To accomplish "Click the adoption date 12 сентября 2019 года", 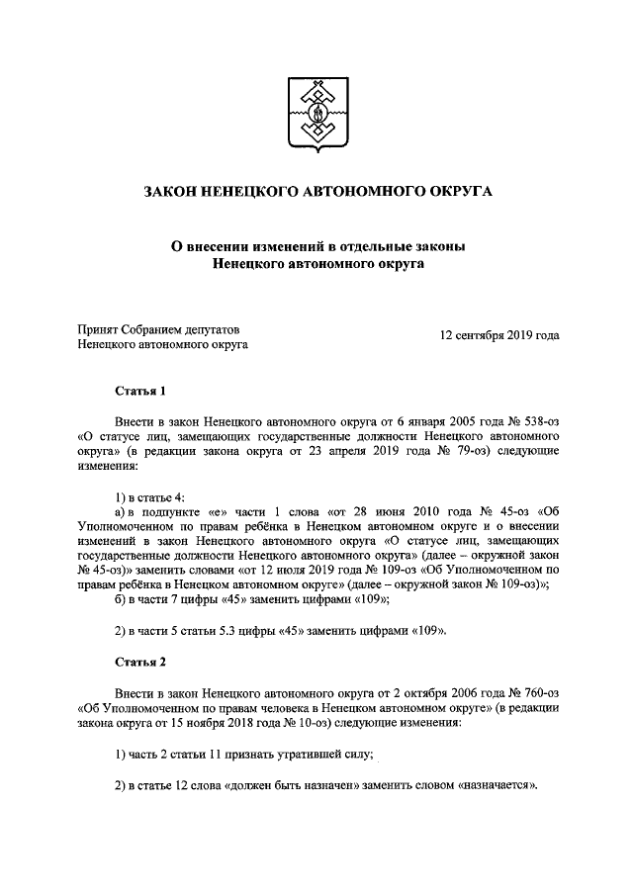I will click(499, 335).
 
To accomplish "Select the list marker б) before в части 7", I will click(121, 600).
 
